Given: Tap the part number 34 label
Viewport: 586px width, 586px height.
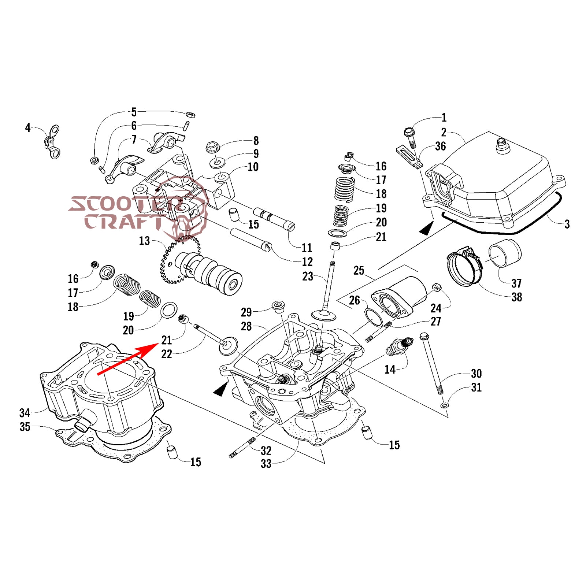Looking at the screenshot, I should pyautogui.click(x=25, y=413).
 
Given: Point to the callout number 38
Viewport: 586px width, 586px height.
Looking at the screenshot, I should pyautogui.click(x=516, y=297).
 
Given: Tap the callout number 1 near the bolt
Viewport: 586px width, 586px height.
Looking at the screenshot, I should pyautogui.click(x=444, y=118).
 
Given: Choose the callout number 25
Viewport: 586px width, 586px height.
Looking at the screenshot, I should pyautogui.click(x=359, y=271).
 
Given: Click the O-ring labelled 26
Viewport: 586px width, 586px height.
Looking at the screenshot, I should pyautogui.click(x=373, y=316).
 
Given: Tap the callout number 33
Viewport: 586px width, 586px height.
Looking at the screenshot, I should pyautogui.click(x=266, y=464).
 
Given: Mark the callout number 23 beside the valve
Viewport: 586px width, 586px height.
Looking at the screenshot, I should pyautogui.click(x=308, y=277).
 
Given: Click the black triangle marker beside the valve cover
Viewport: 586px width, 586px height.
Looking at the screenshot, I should pyautogui.click(x=426, y=230).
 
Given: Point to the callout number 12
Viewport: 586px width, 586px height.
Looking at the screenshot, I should pyautogui.click(x=307, y=262).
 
